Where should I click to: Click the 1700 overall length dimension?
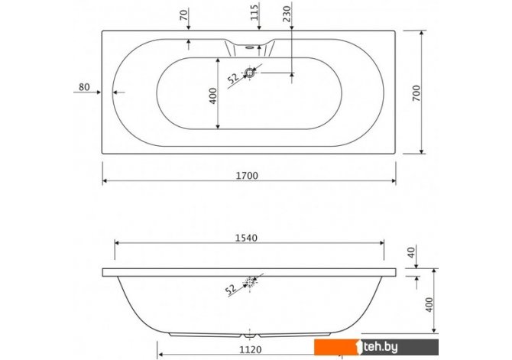click(247, 176)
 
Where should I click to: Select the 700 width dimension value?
click(416, 92)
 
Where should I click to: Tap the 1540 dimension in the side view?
click(246, 238)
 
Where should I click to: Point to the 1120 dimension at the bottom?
click(251, 350)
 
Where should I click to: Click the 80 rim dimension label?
click(84, 87)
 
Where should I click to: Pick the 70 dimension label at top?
click(184, 15)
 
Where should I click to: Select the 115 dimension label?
click(254, 12)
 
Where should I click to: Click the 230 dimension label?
click(287, 14)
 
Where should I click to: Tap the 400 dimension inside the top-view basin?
click(213, 96)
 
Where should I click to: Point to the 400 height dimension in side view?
click(429, 304)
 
